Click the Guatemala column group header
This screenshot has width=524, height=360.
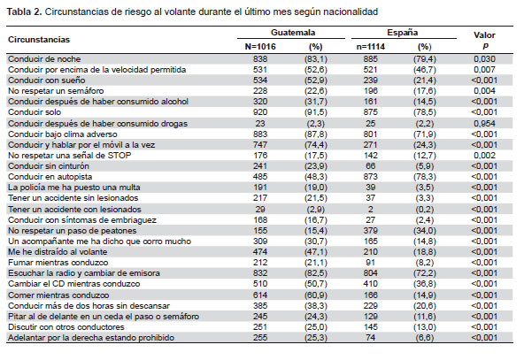coord(293,33)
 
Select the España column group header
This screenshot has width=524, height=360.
coord(403,33)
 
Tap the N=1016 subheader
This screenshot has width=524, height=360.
coord(260,46)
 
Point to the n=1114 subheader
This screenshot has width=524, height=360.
coord(370,46)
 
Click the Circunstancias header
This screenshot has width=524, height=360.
coord(39,40)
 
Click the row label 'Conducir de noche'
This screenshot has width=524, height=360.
coord(44,59)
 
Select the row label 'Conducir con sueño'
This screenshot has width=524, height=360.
coord(46,80)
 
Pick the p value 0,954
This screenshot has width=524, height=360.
coord(484,124)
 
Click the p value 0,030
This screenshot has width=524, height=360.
coord(484,59)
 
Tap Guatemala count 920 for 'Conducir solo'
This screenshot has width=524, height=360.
coord(260,112)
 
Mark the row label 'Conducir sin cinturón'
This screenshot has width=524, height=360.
coord(49,166)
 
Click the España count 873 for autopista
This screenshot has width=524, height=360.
coord(370,177)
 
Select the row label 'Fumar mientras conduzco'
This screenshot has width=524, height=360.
coord(58,263)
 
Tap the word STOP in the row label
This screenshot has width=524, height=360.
coord(119,156)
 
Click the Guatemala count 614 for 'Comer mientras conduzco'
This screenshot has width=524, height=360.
coord(260,295)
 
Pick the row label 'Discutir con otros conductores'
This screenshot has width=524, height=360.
coord(66,327)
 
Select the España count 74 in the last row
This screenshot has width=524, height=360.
coord(370,338)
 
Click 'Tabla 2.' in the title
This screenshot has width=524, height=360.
coord(25,12)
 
